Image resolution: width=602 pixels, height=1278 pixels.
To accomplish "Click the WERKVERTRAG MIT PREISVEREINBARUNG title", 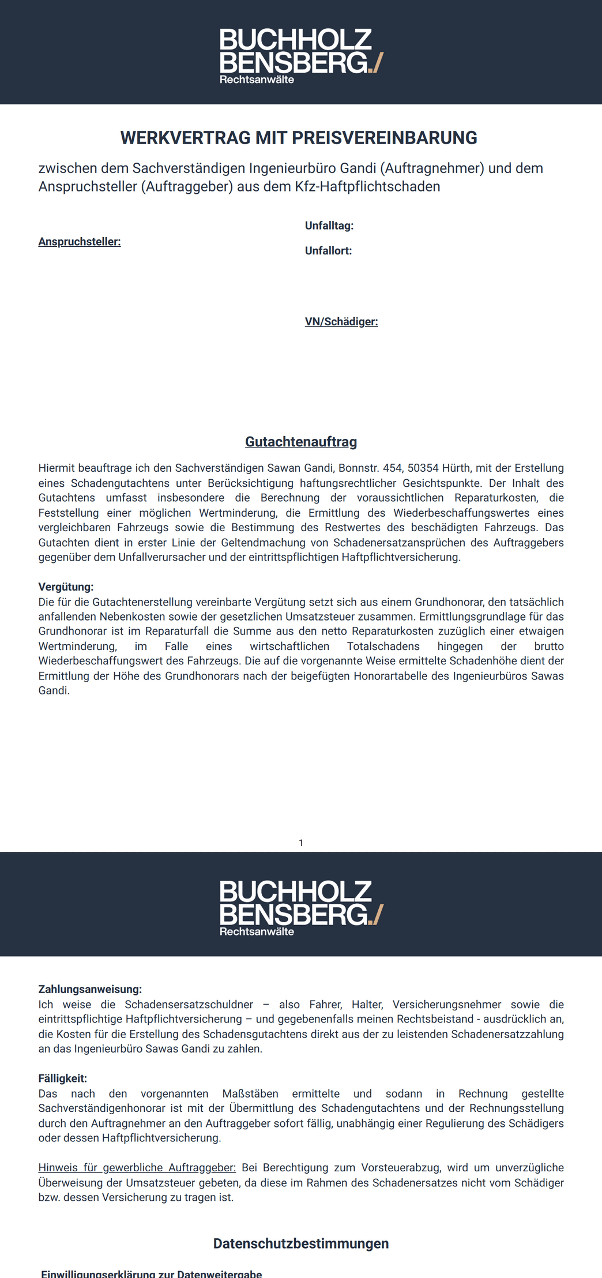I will [x=299, y=138].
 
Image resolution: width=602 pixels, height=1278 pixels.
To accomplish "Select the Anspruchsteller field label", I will [x=80, y=242].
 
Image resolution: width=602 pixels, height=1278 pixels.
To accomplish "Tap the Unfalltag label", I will [x=329, y=225].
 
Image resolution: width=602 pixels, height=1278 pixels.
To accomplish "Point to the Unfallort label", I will [x=328, y=251].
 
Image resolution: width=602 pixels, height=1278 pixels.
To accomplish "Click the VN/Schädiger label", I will [x=341, y=322].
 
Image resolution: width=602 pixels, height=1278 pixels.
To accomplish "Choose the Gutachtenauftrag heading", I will [x=301, y=442].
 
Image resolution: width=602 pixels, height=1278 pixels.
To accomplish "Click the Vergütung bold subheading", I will [x=66, y=587].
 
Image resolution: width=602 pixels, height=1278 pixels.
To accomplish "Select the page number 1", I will [x=301, y=843].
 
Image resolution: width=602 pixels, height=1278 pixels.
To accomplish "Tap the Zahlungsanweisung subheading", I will [x=90, y=989].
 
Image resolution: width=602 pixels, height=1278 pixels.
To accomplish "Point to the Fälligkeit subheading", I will [x=62, y=1078].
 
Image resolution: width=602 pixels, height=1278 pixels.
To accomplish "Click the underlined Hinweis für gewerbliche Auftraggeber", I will [x=137, y=1168].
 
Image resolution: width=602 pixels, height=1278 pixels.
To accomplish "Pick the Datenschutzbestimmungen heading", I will [x=301, y=1243].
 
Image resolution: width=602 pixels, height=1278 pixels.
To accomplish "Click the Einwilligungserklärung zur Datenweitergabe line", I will [x=152, y=1273].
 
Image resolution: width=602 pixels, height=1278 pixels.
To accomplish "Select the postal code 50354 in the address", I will [x=423, y=468].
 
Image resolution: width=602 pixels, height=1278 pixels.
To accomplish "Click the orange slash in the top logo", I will [x=378, y=62].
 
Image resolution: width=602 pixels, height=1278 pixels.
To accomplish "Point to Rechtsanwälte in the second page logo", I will [x=257, y=931].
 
